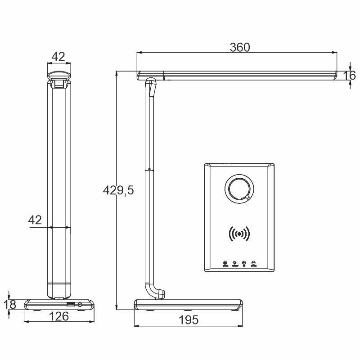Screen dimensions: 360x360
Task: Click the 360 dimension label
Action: tap(240, 47)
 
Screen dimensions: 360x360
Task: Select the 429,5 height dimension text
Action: tap(118, 190)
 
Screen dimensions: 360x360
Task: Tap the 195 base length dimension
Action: tap(189, 320)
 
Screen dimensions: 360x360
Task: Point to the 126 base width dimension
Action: tap(59, 316)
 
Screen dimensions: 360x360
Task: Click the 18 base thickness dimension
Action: tap(10, 304)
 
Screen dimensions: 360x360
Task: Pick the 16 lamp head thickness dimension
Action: tap(351, 75)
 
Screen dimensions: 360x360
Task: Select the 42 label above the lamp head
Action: tap(58, 57)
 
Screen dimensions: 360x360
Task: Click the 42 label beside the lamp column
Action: tap(35, 220)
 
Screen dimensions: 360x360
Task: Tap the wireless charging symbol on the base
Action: tap(239, 234)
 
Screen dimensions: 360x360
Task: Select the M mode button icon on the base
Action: tap(225, 263)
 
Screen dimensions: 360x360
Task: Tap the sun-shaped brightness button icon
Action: tap(234, 263)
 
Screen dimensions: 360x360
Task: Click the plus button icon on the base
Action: tap(244, 263)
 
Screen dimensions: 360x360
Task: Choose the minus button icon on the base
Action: tap(254, 263)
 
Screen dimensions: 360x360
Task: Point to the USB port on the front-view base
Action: tap(71, 305)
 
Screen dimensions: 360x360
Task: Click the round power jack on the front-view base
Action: tap(80, 305)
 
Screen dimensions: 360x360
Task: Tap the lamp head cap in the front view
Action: tap(58, 74)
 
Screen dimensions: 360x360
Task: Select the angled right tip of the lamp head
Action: tap(334, 76)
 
